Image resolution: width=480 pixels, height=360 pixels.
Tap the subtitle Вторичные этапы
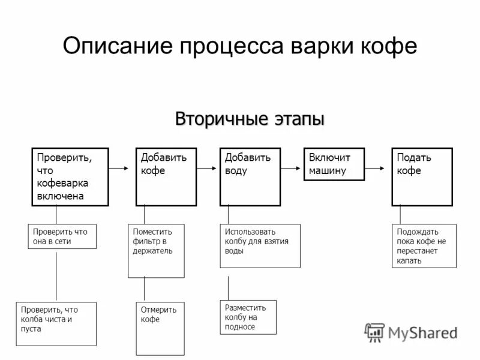click(250, 119)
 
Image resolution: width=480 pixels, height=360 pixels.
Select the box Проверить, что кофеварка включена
click(70, 176)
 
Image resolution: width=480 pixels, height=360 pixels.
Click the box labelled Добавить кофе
click(166, 176)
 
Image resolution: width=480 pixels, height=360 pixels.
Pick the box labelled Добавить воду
click(250, 176)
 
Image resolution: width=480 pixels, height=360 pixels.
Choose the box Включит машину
click(334, 163)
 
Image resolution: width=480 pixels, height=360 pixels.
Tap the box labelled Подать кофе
click(422, 176)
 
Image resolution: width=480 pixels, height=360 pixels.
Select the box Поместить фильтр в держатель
click(156, 251)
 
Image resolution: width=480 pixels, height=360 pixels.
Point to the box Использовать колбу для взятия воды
click(259, 246)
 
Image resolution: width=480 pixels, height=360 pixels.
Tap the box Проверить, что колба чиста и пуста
click(56, 323)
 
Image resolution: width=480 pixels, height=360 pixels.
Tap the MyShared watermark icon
click(375, 332)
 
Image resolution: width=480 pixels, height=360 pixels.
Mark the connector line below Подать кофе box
click(400, 215)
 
